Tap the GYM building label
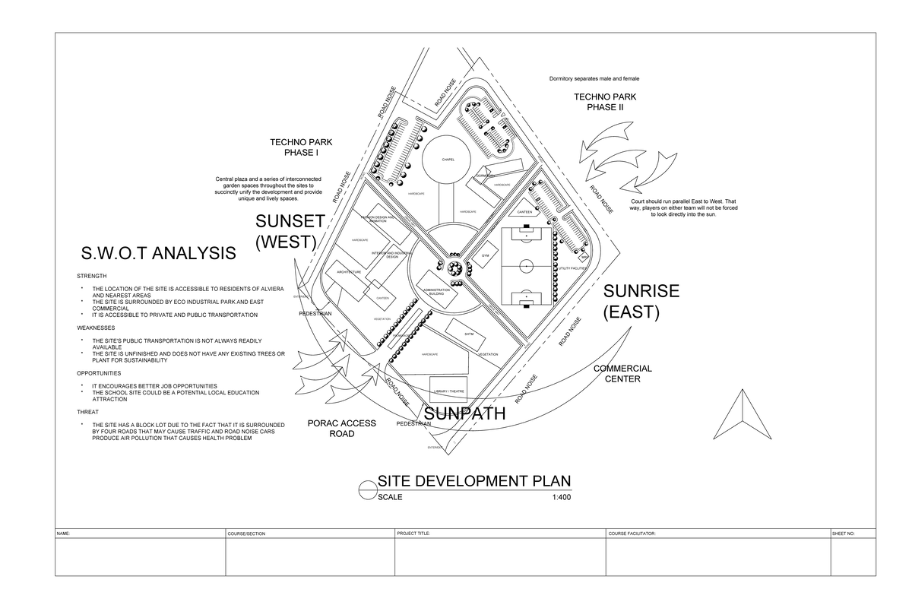(484, 257)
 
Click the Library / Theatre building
(448, 391)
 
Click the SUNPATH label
(464, 414)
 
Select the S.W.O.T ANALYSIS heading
(158, 253)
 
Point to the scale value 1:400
(562, 498)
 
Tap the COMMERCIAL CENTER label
(622, 373)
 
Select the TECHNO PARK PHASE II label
(605, 102)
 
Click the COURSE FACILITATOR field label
(631, 534)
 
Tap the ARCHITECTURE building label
(348, 271)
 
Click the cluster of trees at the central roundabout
(454, 268)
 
